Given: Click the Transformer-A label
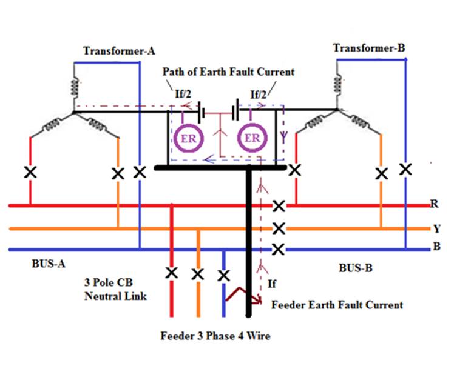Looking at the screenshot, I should [114, 50].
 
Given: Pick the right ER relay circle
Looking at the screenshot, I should [251, 137].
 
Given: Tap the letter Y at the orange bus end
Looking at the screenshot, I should [436, 228].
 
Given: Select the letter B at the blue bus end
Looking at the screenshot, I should [436, 247].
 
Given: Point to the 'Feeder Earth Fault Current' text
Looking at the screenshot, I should [337, 304].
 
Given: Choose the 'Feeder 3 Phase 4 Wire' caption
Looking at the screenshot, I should [215, 335].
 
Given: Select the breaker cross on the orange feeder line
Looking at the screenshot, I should [197, 274].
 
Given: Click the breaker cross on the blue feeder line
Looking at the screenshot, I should [224, 275].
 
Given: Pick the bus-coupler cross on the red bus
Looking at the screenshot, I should [279, 207].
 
